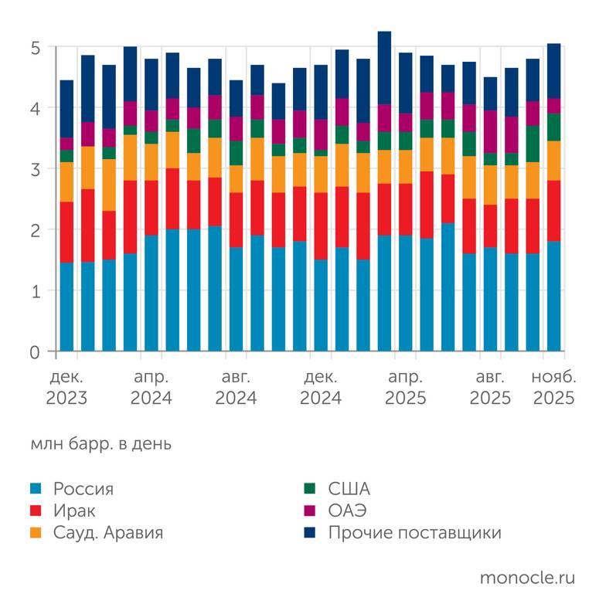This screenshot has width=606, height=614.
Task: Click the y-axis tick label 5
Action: coord(36,48)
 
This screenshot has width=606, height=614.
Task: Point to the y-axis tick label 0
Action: coord(36,352)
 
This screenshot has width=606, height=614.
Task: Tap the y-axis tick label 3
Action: coord(36,169)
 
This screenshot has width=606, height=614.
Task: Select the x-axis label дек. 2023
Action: coord(66,388)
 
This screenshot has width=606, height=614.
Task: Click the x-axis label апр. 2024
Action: coord(151,388)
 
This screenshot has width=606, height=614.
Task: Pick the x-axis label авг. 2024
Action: coord(237,388)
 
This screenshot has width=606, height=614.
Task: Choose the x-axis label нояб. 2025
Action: coord(553,388)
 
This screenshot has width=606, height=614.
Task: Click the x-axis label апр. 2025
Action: coord(406,388)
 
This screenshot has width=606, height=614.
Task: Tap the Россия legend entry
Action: coord(83,489)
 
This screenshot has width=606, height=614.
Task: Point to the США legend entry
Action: coord(349,489)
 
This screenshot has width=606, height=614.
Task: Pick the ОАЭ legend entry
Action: coord(347,511)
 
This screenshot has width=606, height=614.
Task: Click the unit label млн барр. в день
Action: coord(101,444)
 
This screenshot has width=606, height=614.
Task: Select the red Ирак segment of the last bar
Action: coord(553,211)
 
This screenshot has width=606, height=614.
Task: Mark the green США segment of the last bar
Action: coord(553,127)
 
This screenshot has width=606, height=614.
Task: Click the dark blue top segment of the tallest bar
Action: coord(384,68)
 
